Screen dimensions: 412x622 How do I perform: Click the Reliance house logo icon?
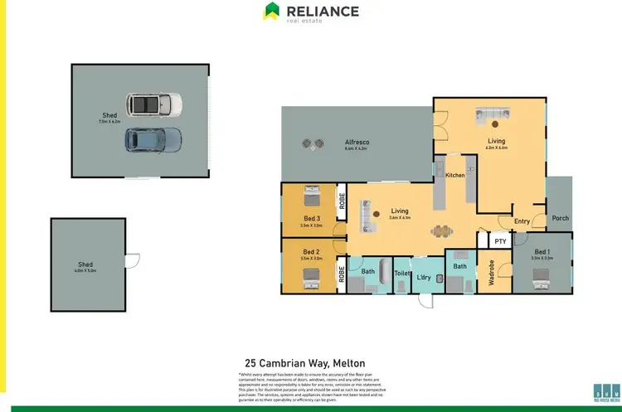[272, 12]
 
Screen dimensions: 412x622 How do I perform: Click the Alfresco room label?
[357, 143]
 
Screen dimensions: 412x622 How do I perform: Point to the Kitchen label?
[455, 176]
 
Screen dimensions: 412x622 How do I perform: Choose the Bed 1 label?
[542, 251]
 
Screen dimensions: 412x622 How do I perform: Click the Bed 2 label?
[311, 251]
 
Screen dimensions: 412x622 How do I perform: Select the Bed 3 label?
[311, 218]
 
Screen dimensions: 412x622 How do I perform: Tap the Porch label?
[560, 218]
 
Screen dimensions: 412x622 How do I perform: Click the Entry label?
[522, 221]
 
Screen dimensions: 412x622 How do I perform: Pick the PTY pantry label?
[499, 241]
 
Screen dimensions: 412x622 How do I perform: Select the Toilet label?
[402, 273]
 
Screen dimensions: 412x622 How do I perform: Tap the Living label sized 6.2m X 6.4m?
[496, 142]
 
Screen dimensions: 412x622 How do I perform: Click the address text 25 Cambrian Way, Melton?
[300, 363]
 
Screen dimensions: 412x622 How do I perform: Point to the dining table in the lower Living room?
[440, 231]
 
